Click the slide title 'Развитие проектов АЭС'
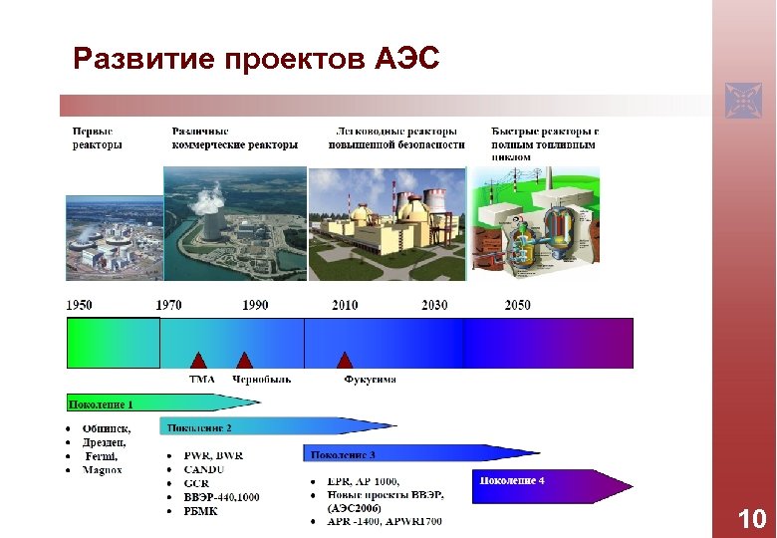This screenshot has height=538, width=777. point(256,59)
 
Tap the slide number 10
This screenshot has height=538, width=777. point(750,519)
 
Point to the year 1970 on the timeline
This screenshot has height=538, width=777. point(168,305)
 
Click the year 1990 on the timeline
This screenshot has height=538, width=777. point(255,305)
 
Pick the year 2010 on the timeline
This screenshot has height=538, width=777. point(345,305)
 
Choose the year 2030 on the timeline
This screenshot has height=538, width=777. point(434,305)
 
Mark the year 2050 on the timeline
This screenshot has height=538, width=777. point(517,305)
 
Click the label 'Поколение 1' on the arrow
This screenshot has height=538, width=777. point(101,403)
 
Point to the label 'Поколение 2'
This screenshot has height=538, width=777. point(199,428)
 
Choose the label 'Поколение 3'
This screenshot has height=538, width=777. point(343,455)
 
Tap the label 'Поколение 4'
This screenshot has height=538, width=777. point(512,481)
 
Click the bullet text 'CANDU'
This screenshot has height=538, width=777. point(204,469)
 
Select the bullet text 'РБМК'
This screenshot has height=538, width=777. point(202,511)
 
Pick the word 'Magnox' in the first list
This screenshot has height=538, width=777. point(103,469)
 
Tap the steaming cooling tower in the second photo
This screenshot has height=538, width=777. point(211,223)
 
